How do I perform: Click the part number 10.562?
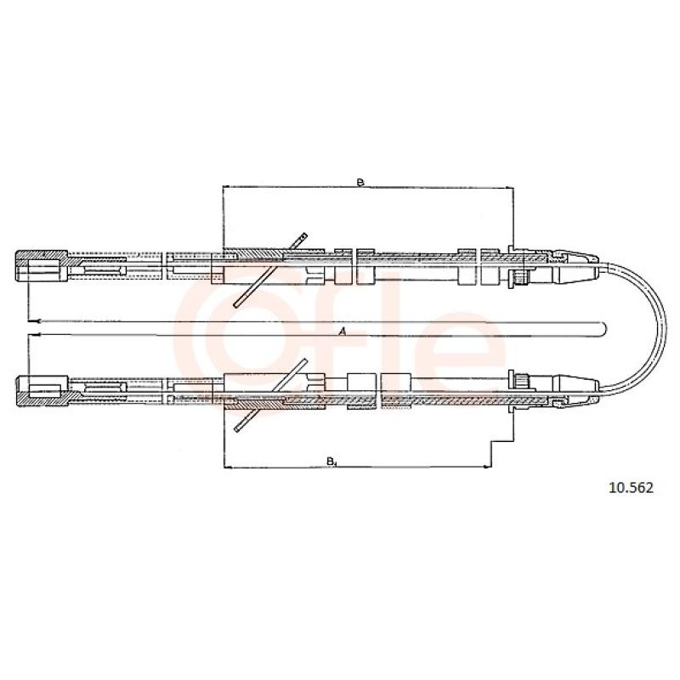click(x=631, y=488)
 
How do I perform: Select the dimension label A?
click(x=343, y=331)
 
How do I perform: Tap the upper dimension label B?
click(x=360, y=183)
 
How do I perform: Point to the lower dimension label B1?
click(x=331, y=461)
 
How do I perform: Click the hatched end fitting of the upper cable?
click(x=42, y=265)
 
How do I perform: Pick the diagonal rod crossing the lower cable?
click(x=270, y=395)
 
